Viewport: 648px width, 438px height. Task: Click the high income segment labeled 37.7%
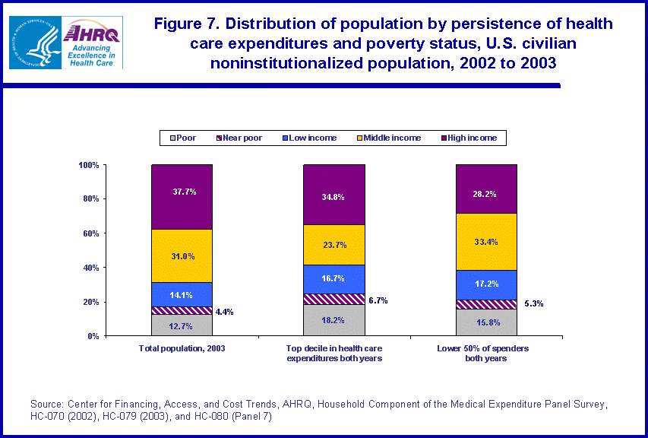tap(182, 196)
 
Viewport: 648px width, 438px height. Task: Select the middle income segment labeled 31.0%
tap(182, 255)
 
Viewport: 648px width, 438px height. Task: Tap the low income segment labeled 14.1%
tap(182, 294)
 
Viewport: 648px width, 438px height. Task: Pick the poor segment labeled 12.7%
tap(182, 325)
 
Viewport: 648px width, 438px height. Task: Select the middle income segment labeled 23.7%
tap(333, 245)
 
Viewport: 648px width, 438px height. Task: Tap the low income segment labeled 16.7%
tap(333, 279)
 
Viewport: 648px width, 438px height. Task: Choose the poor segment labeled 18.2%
tap(333, 320)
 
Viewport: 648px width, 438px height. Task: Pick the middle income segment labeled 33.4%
tap(485, 242)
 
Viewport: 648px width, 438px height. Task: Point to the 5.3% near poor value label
tap(533, 303)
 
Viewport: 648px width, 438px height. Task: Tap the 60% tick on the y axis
tap(90, 233)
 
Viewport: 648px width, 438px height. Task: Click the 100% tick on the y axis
tap(88, 165)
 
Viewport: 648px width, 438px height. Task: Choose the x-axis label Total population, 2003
tap(182, 348)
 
